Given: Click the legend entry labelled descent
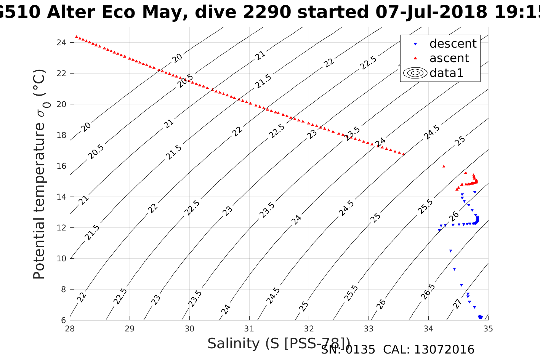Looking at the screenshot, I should [453, 44].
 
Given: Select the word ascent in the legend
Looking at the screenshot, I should [449, 58].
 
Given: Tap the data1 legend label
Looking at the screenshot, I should [446, 73].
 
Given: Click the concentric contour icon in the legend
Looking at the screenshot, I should [415, 73].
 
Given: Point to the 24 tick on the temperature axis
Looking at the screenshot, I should [61, 42].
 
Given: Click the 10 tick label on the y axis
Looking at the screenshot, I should [61, 259].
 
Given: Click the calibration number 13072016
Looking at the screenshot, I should [444, 350].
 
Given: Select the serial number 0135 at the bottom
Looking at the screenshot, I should [360, 350].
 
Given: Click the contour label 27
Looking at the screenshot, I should [457, 304].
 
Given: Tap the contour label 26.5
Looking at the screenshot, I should [428, 291].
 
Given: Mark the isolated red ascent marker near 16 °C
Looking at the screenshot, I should [444, 166].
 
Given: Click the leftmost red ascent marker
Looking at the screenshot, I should [77, 37].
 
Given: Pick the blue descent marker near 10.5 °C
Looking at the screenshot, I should [450, 251].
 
